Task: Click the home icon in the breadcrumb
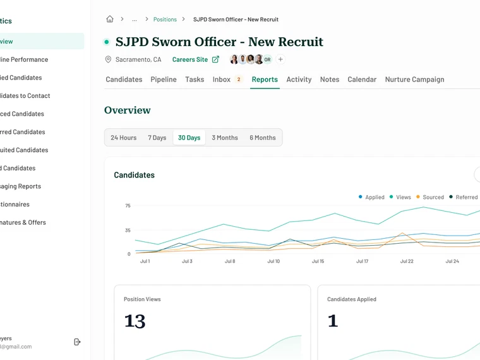coord(110,20)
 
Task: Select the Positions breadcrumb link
coord(165,20)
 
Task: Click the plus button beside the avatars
coord(281,59)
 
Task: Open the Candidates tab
coord(124,80)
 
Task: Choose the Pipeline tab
coord(164,80)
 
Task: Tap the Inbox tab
coord(222,80)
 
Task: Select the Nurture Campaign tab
coord(414,80)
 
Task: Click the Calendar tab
coord(362,80)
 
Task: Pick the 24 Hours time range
coord(124,138)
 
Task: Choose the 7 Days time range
coord(157,138)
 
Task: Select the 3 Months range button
coord(225,138)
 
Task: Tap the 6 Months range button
coord(263,138)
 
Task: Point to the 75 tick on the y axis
coord(128,206)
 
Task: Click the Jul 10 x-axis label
coord(273,261)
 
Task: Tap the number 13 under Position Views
coord(135,321)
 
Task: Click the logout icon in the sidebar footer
coord(78,342)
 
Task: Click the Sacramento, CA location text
coord(138,59)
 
